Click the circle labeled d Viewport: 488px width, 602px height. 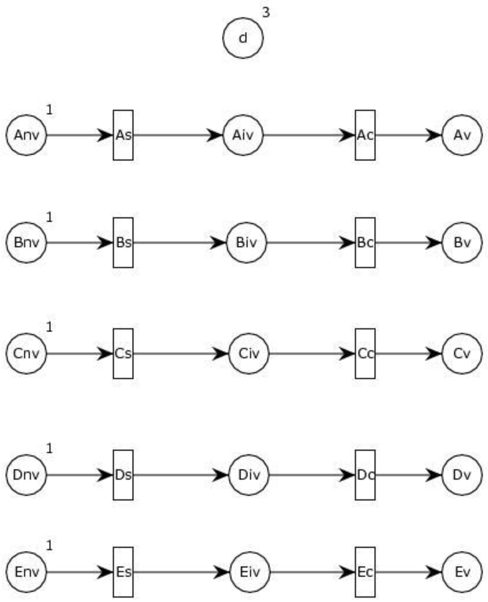click(243, 38)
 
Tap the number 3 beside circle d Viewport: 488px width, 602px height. click(266, 12)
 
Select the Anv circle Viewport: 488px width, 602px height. click(26, 135)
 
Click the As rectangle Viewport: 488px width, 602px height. click(123, 135)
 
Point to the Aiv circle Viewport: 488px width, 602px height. click(243, 135)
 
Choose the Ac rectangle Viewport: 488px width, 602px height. click(365, 135)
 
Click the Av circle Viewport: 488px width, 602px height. click(462, 135)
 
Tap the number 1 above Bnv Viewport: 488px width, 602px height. click(49, 217)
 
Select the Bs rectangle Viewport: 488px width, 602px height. click(123, 243)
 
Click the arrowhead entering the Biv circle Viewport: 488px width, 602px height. click(219, 243)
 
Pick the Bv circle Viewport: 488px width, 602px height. click(462, 243)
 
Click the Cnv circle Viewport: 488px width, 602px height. click(26, 354)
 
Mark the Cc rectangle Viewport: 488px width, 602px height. click(365, 354)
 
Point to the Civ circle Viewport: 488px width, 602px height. click(249, 354)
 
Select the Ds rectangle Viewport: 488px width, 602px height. click(123, 475)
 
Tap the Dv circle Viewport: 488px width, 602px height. click(462, 475)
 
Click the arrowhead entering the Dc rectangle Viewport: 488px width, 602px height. click(347, 475)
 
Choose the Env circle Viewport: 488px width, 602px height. click(26, 572)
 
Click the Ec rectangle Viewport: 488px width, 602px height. click(365, 572)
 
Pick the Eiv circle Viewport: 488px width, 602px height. click(250, 572)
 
